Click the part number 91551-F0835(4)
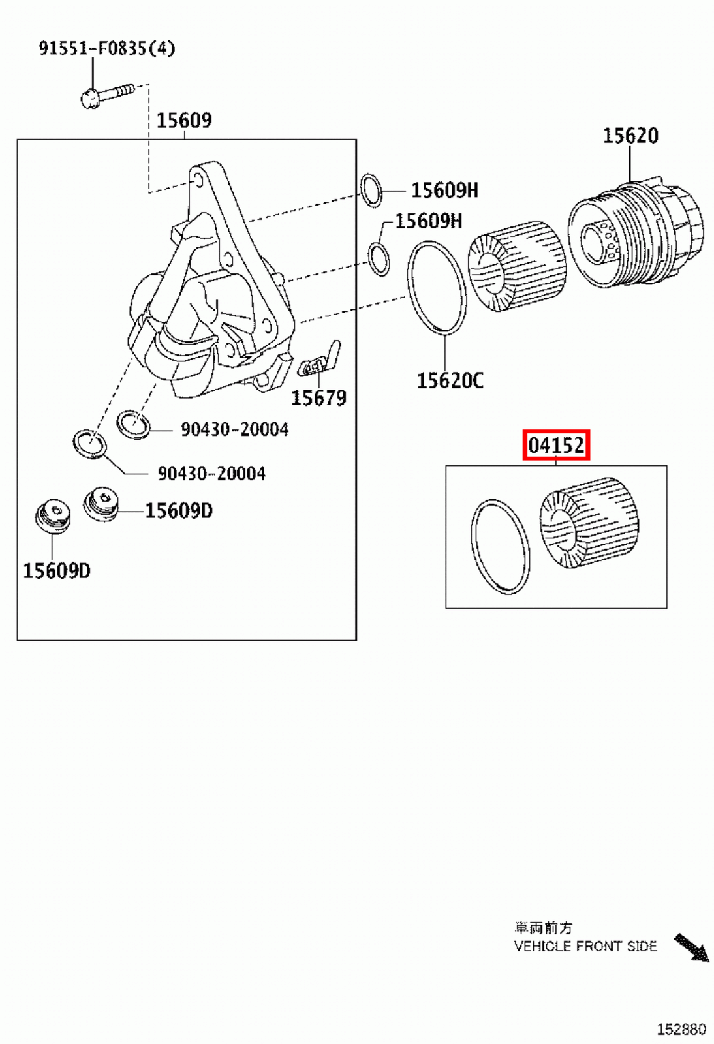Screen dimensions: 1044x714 click(x=106, y=48)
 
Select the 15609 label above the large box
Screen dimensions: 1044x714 click(x=184, y=120)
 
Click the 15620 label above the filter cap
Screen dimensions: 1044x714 click(x=630, y=136)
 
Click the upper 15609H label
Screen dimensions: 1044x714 click(x=444, y=191)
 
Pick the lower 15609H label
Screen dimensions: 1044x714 click(x=428, y=221)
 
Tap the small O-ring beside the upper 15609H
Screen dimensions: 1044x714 click(x=371, y=191)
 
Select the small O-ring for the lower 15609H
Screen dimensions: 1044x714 click(x=379, y=258)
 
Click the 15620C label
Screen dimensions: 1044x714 click(x=450, y=380)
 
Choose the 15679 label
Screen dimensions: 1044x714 click(x=318, y=398)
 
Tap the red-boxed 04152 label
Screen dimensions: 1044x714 click(x=556, y=446)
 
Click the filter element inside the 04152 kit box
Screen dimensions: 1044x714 click(x=589, y=523)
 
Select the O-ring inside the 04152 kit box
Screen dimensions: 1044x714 click(x=500, y=547)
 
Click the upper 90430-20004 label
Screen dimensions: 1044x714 click(x=234, y=429)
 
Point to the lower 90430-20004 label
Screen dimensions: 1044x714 click(x=211, y=474)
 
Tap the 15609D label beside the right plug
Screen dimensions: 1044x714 click(x=178, y=511)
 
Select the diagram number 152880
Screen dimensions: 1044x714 click(x=681, y=1029)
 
